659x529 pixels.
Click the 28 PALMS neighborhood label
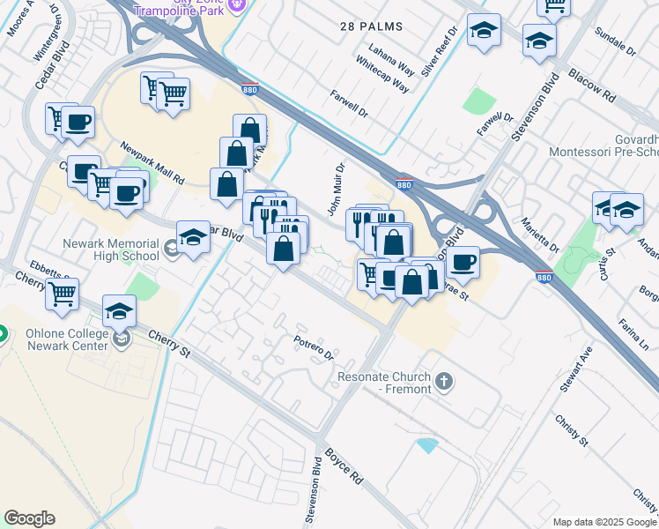[x=371, y=26]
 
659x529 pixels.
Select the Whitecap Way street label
[x=382, y=78]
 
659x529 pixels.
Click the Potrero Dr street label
[x=314, y=348]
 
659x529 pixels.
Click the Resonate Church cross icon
[x=445, y=382]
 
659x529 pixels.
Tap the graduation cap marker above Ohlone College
[x=120, y=311]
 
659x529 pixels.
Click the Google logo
[x=29, y=518]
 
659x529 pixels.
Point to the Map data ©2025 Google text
[x=604, y=522]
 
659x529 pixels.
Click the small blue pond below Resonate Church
[x=427, y=444]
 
